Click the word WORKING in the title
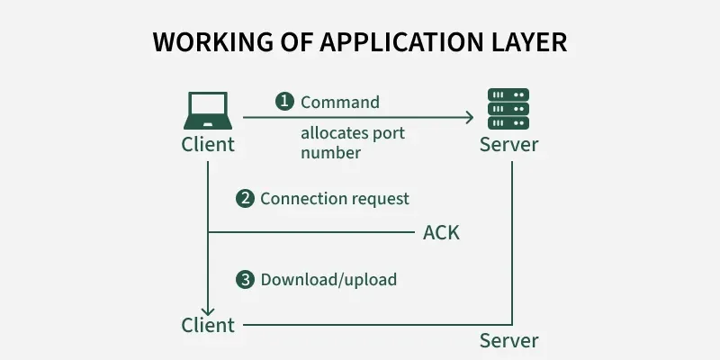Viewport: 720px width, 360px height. (x=204, y=42)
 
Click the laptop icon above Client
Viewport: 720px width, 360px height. (x=209, y=111)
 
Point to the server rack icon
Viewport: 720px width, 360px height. (x=508, y=109)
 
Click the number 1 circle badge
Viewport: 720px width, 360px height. (x=284, y=102)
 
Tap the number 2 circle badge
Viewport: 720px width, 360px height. (x=245, y=199)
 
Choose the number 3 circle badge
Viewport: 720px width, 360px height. (x=245, y=280)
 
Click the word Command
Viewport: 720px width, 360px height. (x=340, y=102)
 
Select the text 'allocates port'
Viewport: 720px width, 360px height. (x=353, y=133)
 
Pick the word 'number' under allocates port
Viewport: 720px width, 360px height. (x=331, y=153)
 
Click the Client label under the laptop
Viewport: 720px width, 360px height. (x=208, y=144)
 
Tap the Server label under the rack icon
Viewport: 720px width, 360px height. (x=508, y=145)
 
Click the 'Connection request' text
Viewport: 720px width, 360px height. (x=335, y=199)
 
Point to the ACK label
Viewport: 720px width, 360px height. (x=441, y=233)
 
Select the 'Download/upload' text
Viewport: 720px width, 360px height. (x=328, y=280)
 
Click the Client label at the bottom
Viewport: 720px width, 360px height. (x=208, y=325)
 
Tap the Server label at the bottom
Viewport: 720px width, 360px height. (x=508, y=341)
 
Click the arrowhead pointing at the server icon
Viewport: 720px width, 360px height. (x=469, y=117)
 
